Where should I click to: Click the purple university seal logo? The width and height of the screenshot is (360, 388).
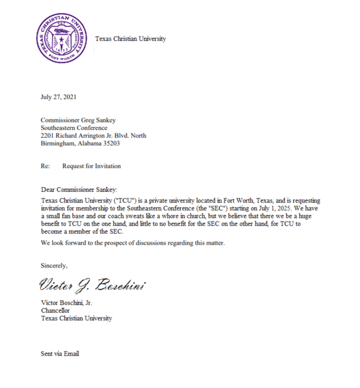[61, 39]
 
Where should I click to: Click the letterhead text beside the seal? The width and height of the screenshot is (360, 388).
[130, 39]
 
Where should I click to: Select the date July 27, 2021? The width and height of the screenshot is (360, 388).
[59, 97]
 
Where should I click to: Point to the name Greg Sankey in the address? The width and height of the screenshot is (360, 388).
[98, 121]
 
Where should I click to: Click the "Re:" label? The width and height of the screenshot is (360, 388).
[45, 167]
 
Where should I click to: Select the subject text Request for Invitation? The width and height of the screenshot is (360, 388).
[92, 167]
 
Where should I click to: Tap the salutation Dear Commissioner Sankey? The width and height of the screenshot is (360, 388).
[82, 190]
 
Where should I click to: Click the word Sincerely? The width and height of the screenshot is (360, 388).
[54, 266]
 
